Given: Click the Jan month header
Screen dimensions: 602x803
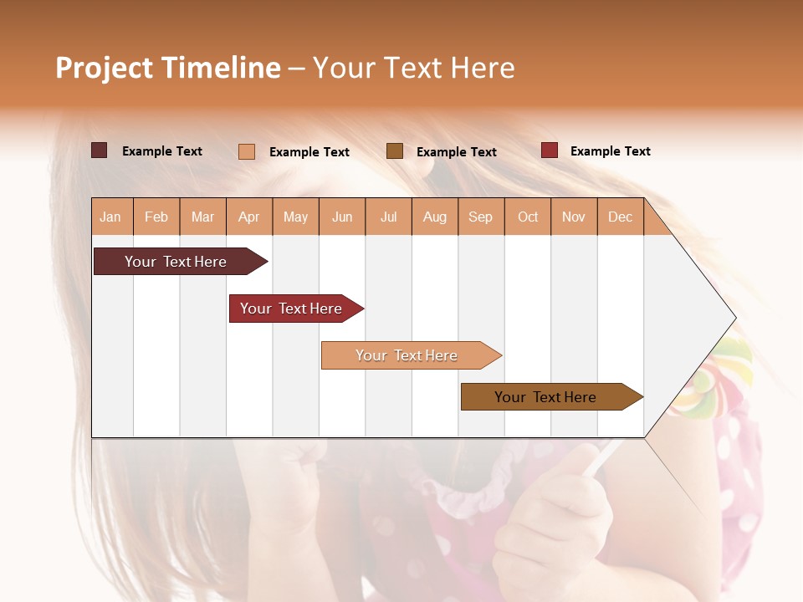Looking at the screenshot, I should (111, 217).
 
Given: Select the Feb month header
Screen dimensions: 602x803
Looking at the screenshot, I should (156, 217).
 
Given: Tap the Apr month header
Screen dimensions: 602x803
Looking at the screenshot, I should (249, 217).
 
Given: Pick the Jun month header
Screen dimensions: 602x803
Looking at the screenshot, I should (342, 217).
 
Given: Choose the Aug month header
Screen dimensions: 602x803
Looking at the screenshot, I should (435, 217).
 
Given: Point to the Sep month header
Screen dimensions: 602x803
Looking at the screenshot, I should (481, 217).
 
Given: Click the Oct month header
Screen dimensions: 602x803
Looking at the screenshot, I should (528, 217).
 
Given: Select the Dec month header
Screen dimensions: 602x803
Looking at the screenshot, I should (621, 217).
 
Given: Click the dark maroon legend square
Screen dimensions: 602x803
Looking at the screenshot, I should (99, 150).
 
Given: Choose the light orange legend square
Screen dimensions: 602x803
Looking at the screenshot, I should (247, 151).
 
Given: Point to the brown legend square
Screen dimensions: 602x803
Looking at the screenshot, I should (395, 150).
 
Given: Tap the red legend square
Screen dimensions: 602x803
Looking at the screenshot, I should (549, 150).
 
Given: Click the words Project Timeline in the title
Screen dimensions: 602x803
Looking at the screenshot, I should (168, 68).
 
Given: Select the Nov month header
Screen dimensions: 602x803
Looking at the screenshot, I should (574, 217).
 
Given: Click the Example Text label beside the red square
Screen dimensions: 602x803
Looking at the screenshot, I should (610, 151).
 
